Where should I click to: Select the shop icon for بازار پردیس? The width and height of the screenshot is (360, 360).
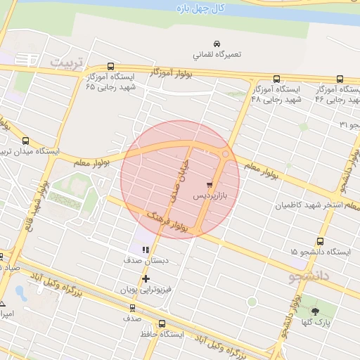pos(207,184)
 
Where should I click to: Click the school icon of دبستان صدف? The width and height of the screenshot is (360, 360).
pos(146,249)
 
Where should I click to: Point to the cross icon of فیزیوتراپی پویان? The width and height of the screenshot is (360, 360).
pos(146,278)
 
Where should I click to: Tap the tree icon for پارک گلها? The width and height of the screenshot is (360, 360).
pos(314,311)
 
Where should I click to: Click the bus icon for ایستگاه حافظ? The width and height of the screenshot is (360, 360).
pos(162,324)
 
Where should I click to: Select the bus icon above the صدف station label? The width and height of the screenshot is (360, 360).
pos(132,307)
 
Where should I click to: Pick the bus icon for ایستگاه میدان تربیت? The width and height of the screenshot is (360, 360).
pos(26,141)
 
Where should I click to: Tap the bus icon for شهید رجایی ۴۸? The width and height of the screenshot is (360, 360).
pos(276,79)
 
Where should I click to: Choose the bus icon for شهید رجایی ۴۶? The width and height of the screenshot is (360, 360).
pos(339,79)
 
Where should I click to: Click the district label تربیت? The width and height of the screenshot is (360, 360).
pos(70,63)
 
